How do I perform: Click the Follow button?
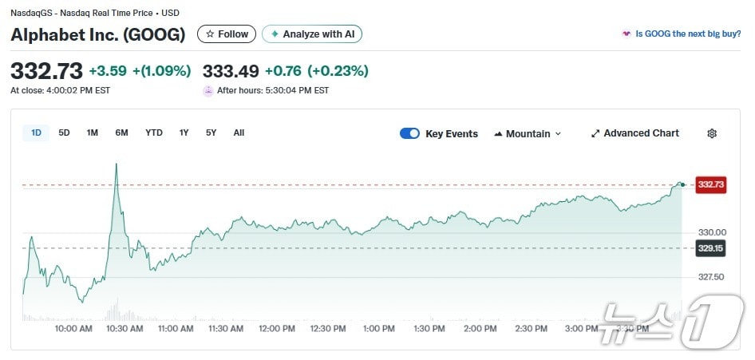227,34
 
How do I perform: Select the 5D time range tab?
65,133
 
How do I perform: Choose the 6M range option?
121,133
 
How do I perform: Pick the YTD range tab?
154,133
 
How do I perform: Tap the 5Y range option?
211,133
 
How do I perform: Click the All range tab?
239,133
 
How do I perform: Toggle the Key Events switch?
409,133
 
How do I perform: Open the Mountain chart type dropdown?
528,133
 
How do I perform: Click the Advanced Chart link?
634,133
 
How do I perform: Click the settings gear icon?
712,133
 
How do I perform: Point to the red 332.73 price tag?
710,184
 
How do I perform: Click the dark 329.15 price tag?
710,248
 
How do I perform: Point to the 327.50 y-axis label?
711,277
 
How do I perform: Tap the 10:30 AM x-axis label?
125,328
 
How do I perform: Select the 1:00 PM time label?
378,328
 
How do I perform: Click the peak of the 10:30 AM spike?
117,164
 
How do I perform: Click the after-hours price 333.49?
231,70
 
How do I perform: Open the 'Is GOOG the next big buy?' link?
686,34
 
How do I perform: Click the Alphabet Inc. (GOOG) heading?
98,34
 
